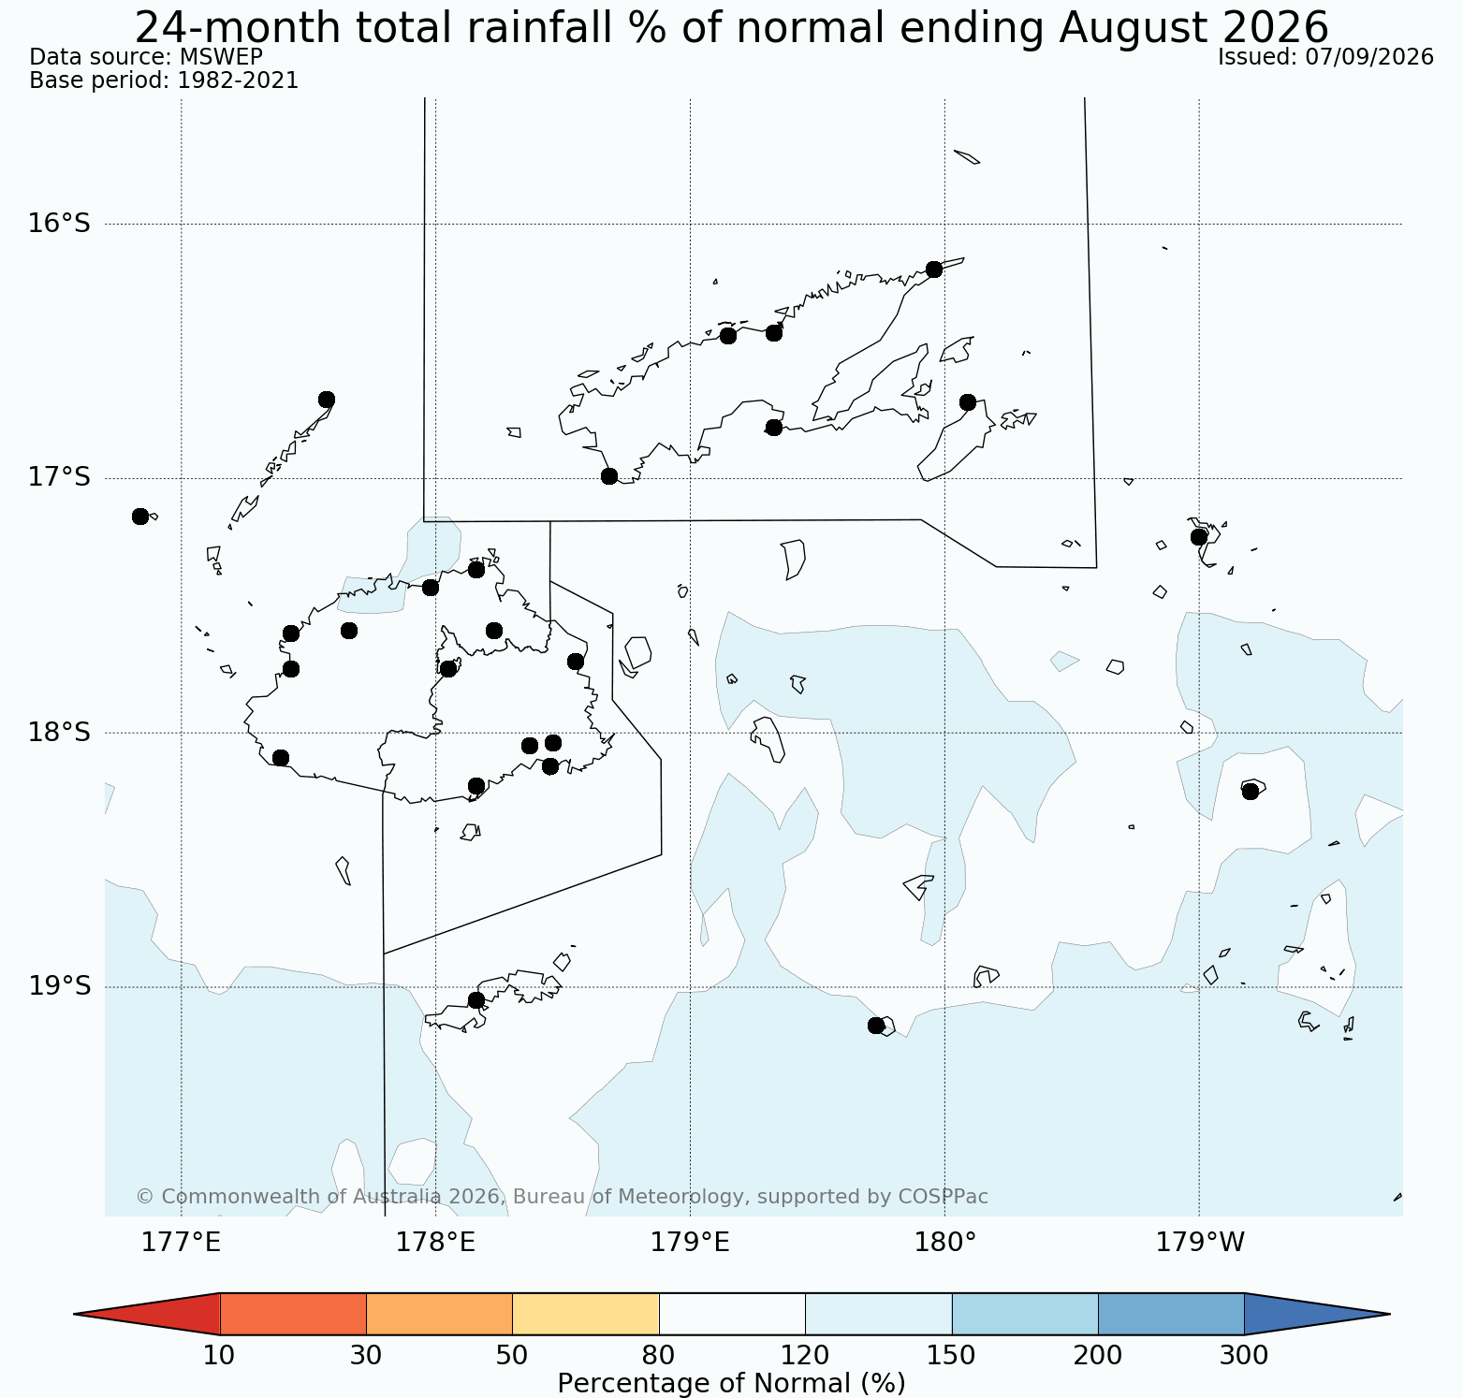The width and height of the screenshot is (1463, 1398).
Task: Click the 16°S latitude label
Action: [x=59, y=224]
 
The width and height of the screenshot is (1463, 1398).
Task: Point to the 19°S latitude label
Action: [x=59, y=986]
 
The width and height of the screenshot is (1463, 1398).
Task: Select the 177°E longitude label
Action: [x=181, y=1243]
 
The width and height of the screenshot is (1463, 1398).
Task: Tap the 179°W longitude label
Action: [x=1200, y=1243]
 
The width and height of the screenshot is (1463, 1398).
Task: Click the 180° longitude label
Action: [x=944, y=1243]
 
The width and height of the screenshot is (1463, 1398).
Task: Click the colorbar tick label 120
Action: [x=806, y=1355]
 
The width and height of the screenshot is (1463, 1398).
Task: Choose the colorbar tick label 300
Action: [x=1245, y=1355]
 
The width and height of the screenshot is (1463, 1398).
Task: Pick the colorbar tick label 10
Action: [x=219, y=1355]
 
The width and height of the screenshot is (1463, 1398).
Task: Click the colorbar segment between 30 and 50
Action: [x=439, y=1314]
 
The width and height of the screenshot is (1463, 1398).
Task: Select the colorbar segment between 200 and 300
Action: [x=1171, y=1314]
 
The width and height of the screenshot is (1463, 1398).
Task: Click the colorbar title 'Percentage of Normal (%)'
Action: [x=731, y=1383]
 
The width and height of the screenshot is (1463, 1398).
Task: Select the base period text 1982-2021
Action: [x=238, y=80]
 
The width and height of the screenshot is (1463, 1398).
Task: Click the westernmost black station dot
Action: [x=140, y=517]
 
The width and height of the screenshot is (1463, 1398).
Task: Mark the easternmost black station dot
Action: [x=1251, y=792]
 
